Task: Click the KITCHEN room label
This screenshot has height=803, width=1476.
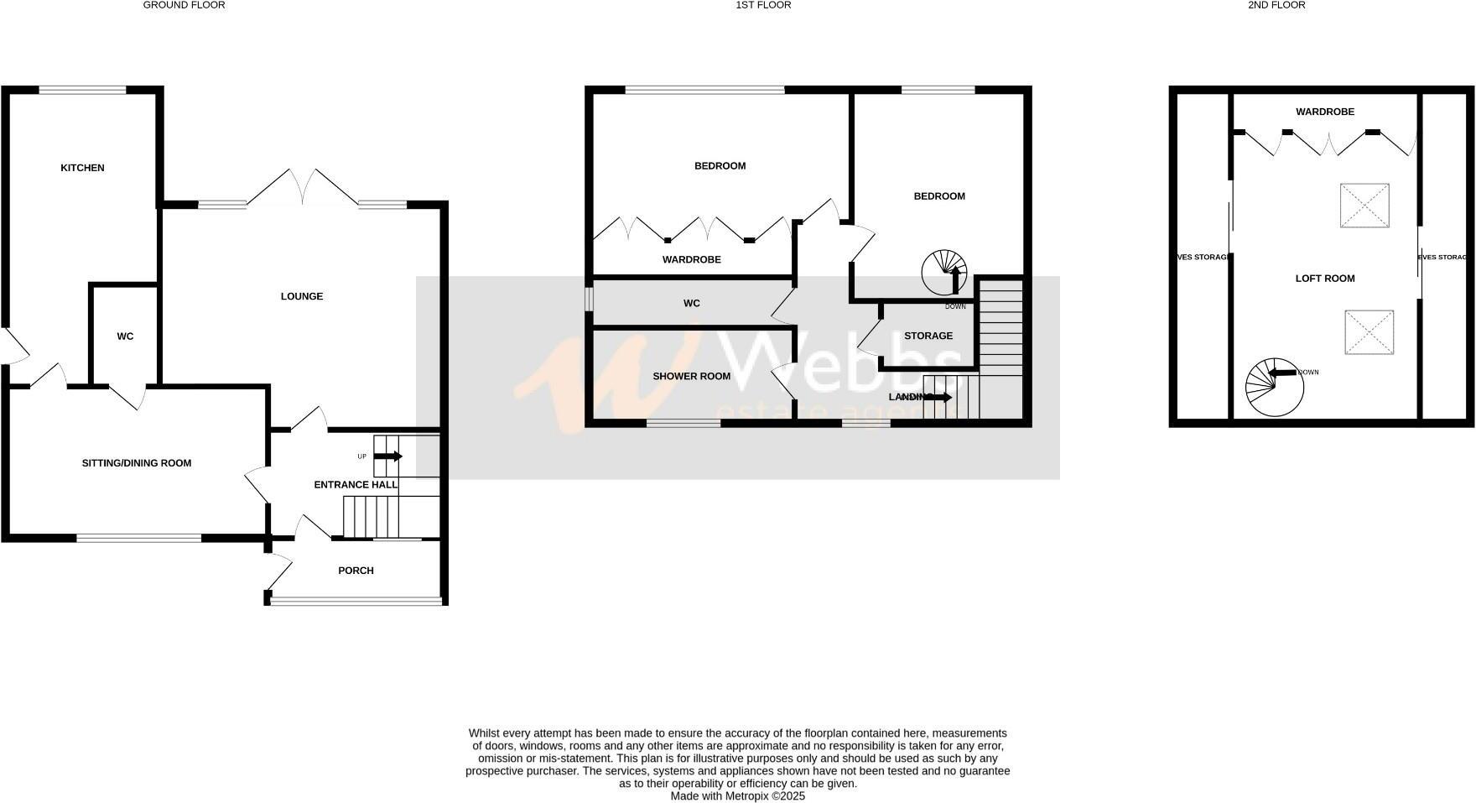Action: tap(82, 168)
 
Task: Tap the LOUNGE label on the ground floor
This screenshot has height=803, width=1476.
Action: tap(302, 296)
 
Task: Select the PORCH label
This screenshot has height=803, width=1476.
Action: tap(356, 571)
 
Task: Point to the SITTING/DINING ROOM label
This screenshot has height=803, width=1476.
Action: tap(137, 463)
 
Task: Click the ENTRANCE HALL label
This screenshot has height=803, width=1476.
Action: tap(356, 484)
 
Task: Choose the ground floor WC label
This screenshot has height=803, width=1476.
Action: tap(125, 336)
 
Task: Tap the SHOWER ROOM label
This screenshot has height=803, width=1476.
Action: tap(692, 376)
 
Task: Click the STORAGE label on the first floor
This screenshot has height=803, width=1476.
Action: tap(928, 336)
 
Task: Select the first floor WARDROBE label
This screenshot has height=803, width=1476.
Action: tap(692, 260)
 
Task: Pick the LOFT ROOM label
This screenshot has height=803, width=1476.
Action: tap(1325, 279)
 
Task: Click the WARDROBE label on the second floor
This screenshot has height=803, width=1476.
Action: tap(1325, 112)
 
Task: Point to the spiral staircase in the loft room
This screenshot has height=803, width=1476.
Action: tap(1274, 388)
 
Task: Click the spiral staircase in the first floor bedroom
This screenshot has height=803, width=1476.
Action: tap(945, 272)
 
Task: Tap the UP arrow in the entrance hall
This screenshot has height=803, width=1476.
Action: tap(387, 456)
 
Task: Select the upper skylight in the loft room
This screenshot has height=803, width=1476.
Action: tap(1364, 206)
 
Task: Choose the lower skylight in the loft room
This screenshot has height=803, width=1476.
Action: tap(1369, 332)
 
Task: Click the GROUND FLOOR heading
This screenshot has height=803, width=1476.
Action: tap(184, 5)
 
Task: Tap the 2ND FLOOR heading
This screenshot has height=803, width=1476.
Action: tap(1276, 5)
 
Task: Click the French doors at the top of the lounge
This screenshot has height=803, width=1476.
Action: tap(302, 186)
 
